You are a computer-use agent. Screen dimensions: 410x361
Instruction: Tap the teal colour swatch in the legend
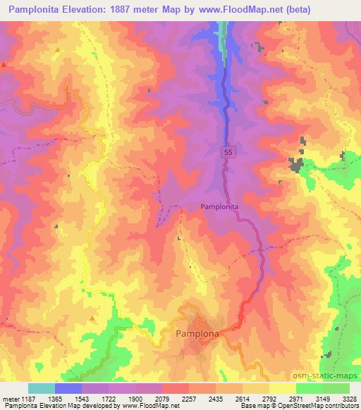point(42,388)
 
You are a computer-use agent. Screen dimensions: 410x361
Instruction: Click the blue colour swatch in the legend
point(68,388)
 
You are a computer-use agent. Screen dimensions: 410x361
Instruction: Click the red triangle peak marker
point(3,64)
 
